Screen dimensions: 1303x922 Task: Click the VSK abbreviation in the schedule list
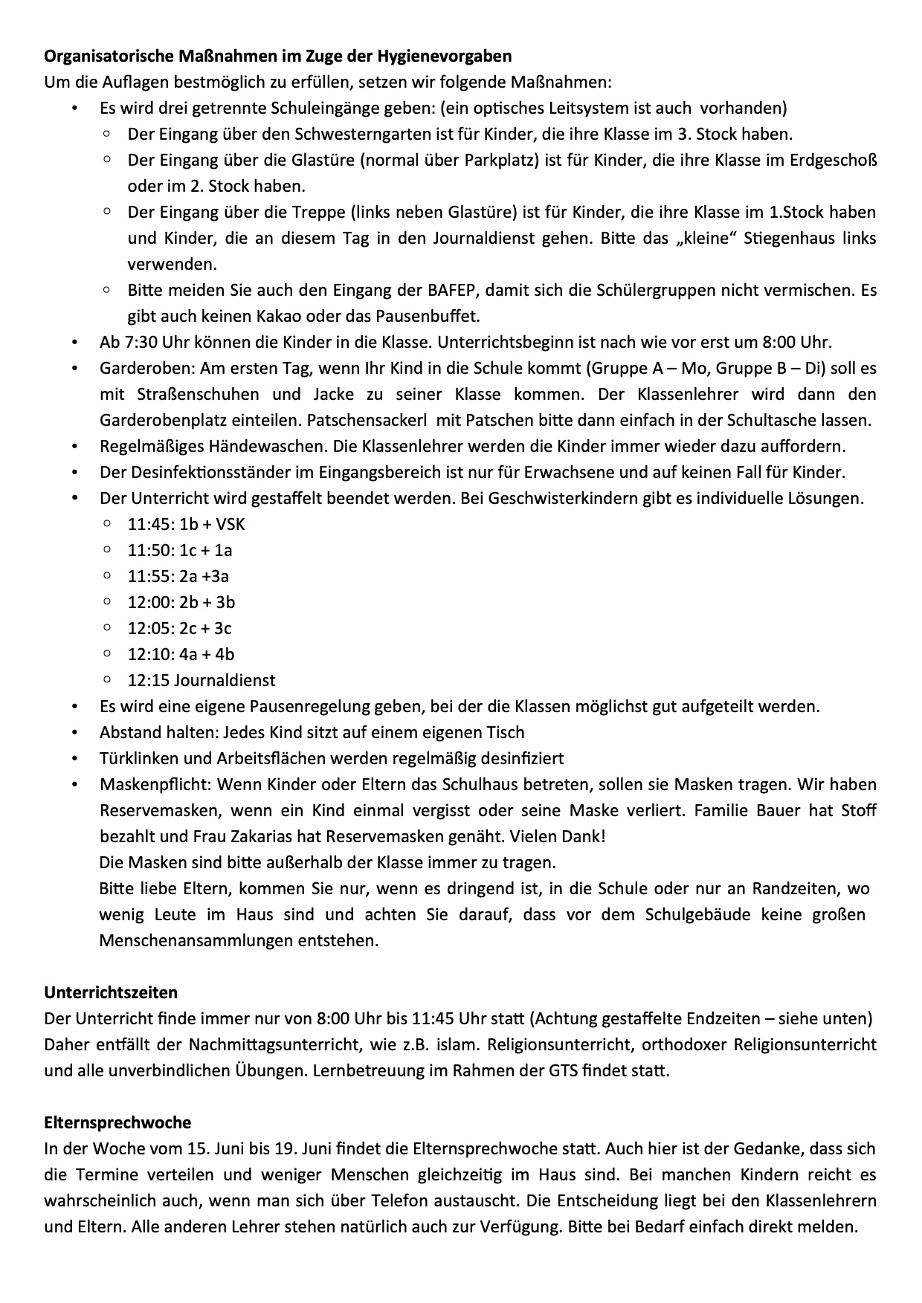pyautogui.click(x=230, y=525)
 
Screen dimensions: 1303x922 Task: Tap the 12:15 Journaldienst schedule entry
pyautogui.click(x=202, y=681)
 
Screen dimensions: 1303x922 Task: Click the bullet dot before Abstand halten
pyautogui.click(x=75, y=733)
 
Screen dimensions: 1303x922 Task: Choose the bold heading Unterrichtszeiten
pyautogui.click(x=111, y=993)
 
